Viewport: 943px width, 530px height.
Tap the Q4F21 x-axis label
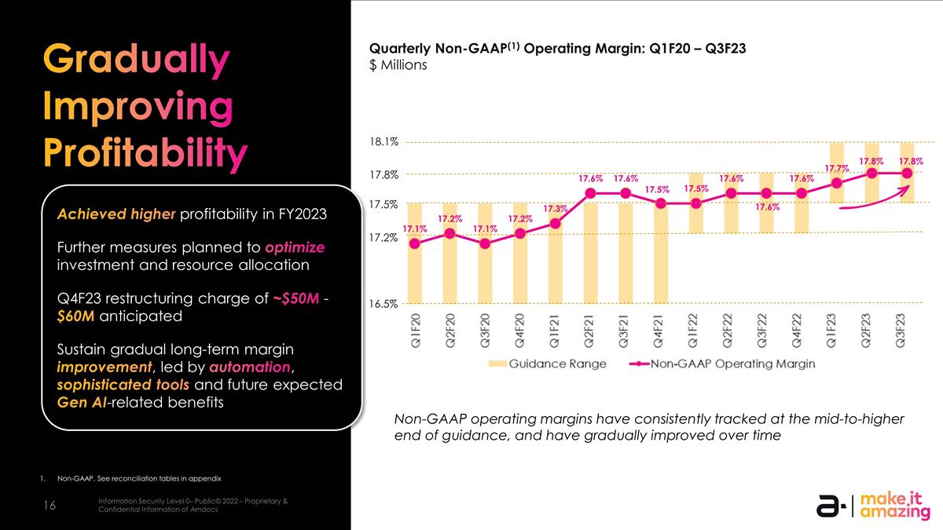coord(660,330)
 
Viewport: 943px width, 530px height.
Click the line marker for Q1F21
coord(555,223)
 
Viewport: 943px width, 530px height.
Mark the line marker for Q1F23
coord(836,183)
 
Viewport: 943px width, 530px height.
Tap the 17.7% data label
coord(836,168)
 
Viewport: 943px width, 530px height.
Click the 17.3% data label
coord(556,208)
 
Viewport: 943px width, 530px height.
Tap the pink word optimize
coord(295,247)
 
